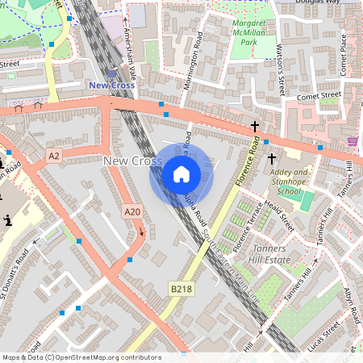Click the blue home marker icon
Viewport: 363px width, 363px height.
(181, 173)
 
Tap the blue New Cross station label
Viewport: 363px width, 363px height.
(111, 85)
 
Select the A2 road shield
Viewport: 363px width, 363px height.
(54, 155)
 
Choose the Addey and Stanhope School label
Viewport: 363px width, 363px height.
(289, 182)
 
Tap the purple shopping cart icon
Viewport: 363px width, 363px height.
(353, 141)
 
